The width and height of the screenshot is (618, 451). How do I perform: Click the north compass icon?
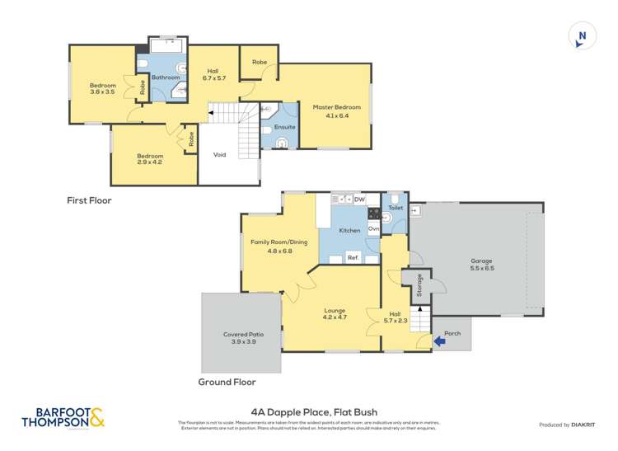pyautogui.click(x=582, y=35)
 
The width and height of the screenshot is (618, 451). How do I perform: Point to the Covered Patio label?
pyautogui.click(x=241, y=338)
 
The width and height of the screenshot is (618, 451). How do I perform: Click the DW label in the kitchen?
pyautogui.click(x=359, y=200)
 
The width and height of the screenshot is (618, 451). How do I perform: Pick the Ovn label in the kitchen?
pyautogui.click(x=373, y=228)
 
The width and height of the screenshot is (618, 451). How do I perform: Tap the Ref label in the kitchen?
pyautogui.click(x=352, y=258)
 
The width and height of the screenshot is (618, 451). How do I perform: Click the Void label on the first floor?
pyautogui.click(x=220, y=154)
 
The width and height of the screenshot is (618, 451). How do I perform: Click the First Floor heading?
pyautogui.click(x=89, y=200)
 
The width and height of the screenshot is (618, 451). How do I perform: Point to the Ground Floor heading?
pyautogui.click(x=227, y=382)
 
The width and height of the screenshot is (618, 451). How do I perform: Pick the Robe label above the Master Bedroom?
pyautogui.click(x=259, y=62)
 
